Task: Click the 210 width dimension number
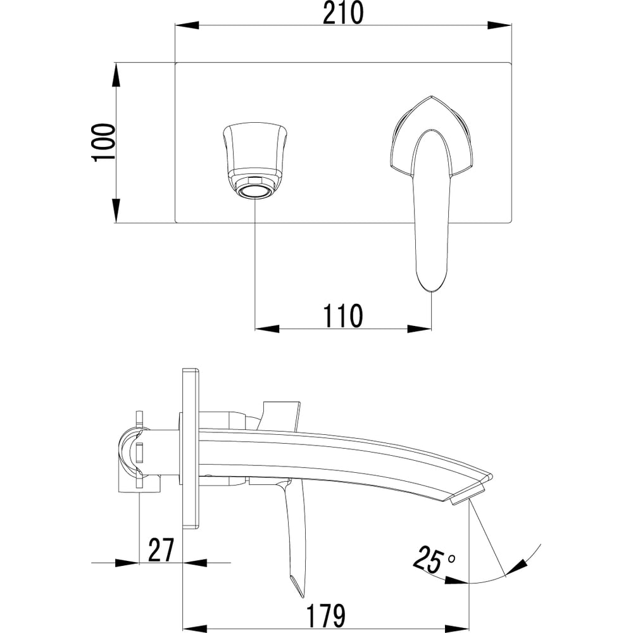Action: [x=342, y=13]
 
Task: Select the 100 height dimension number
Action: [x=104, y=142]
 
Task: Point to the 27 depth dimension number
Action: [x=161, y=550]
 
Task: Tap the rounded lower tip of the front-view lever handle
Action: [x=432, y=287]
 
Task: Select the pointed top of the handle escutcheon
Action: [x=431, y=97]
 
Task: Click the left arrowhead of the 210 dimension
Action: [x=187, y=25]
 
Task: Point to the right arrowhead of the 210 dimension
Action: [x=500, y=25]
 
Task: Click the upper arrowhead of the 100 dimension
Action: [x=116, y=74]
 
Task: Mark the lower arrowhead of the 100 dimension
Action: [x=116, y=210]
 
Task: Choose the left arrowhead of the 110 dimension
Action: [x=267, y=329]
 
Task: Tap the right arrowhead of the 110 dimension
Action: [x=420, y=329]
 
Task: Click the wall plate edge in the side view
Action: [x=191, y=449]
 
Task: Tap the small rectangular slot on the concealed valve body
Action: [x=140, y=452]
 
